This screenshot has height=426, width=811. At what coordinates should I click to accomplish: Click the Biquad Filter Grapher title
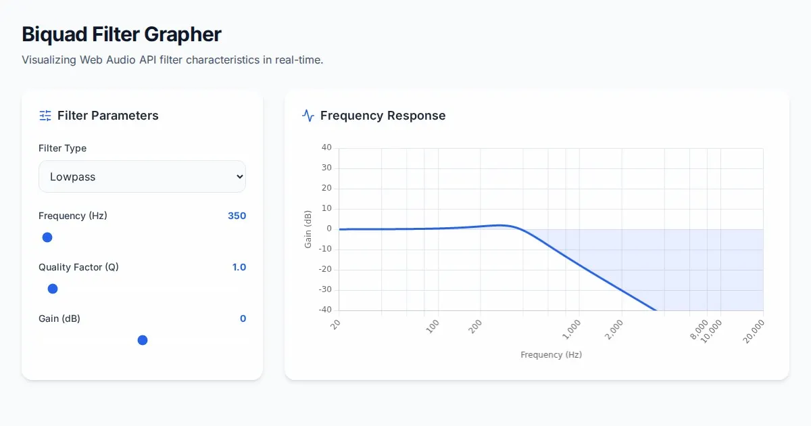[x=122, y=34]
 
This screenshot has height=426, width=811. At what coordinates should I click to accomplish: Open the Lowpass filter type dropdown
[x=142, y=176]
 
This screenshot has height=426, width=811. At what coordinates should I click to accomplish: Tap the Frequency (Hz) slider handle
[x=47, y=237]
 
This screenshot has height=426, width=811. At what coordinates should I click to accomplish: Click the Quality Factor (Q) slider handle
[x=53, y=289]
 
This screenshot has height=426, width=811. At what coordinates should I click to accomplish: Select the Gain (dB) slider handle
[x=143, y=340]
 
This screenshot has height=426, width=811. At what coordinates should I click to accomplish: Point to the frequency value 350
[x=237, y=216]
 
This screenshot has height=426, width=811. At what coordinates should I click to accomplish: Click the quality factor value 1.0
[x=239, y=267]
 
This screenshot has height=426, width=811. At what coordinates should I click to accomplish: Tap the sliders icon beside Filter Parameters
[x=45, y=116]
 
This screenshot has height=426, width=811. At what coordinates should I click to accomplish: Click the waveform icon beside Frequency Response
[x=308, y=116]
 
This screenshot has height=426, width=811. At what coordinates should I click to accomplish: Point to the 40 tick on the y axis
[x=326, y=147]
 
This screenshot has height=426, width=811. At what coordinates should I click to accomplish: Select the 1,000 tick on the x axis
[x=572, y=329]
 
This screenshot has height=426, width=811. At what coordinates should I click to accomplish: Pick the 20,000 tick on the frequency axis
[x=754, y=331]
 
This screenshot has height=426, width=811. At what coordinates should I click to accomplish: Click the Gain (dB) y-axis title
[x=308, y=229]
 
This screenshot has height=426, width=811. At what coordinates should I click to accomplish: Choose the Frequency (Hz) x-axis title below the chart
[x=551, y=355]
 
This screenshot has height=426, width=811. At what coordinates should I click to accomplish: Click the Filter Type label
[x=62, y=148]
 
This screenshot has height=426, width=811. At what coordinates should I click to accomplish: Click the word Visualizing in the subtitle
[x=49, y=60]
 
